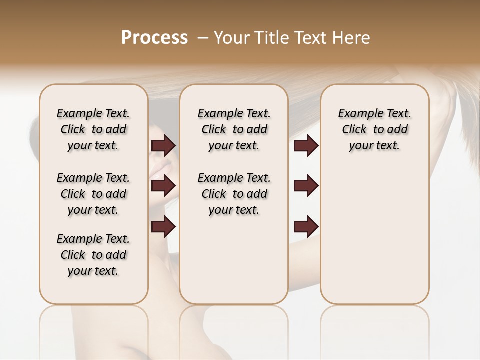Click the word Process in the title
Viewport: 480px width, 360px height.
(154, 38)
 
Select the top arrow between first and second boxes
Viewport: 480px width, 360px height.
(163, 146)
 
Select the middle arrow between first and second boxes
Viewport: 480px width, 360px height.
(163, 186)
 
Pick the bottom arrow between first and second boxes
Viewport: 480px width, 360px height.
(163, 227)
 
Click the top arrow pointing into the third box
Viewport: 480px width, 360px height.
(306, 146)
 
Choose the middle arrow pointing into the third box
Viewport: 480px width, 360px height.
(306, 186)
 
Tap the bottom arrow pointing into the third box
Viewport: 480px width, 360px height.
(306, 227)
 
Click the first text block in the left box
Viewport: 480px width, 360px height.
(93, 129)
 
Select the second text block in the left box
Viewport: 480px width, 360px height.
(93, 194)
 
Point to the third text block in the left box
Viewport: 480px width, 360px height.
(93, 255)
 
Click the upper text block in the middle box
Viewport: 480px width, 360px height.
(234, 129)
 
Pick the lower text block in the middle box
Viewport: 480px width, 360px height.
(234, 194)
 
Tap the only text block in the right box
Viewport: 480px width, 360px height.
(375, 129)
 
